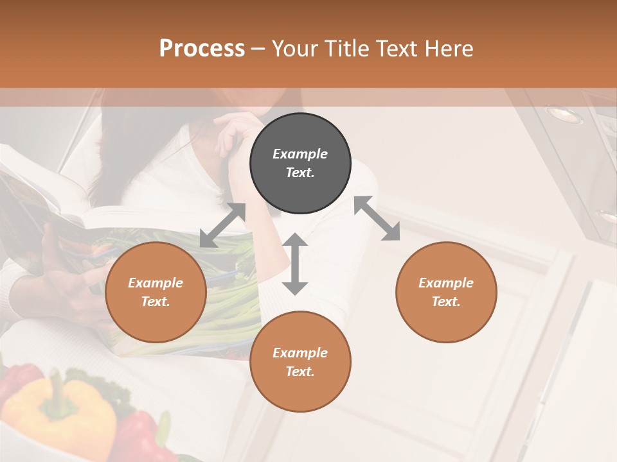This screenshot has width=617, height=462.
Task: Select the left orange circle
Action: point(156,292)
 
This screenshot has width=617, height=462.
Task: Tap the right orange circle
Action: point(446,292)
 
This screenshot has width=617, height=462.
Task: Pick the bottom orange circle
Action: point(300,361)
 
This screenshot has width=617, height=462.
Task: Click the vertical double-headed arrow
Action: point(295,264)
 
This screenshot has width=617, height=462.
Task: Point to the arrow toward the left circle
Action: point(222,225)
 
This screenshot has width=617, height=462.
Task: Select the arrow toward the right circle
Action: point(377,218)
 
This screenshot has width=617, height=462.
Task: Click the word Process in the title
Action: point(202,48)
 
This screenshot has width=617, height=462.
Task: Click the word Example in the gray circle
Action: point(300,154)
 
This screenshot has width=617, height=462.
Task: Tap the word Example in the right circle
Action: point(446,283)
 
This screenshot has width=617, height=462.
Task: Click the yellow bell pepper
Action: point(61,407)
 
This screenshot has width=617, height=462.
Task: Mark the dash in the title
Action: point(258,48)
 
